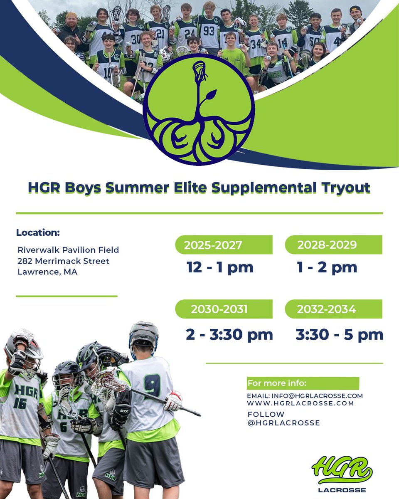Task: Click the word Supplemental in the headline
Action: (x=264, y=188)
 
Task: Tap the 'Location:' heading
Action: (x=38, y=232)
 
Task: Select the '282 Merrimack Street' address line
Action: (x=63, y=261)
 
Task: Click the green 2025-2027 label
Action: (x=224, y=245)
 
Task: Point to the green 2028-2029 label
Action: (x=333, y=245)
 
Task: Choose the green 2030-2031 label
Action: (x=224, y=309)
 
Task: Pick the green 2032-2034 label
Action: (x=333, y=309)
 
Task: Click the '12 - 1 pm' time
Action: (x=220, y=267)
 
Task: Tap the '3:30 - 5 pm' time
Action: (x=340, y=335)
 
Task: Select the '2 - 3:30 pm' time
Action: (x=229, y=335)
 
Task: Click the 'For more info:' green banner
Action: (x=303, y=383)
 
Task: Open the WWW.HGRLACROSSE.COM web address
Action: (x=300, y=403)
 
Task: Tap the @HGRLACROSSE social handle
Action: (x=283, y=423)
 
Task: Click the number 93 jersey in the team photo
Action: (x=208, y=31)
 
